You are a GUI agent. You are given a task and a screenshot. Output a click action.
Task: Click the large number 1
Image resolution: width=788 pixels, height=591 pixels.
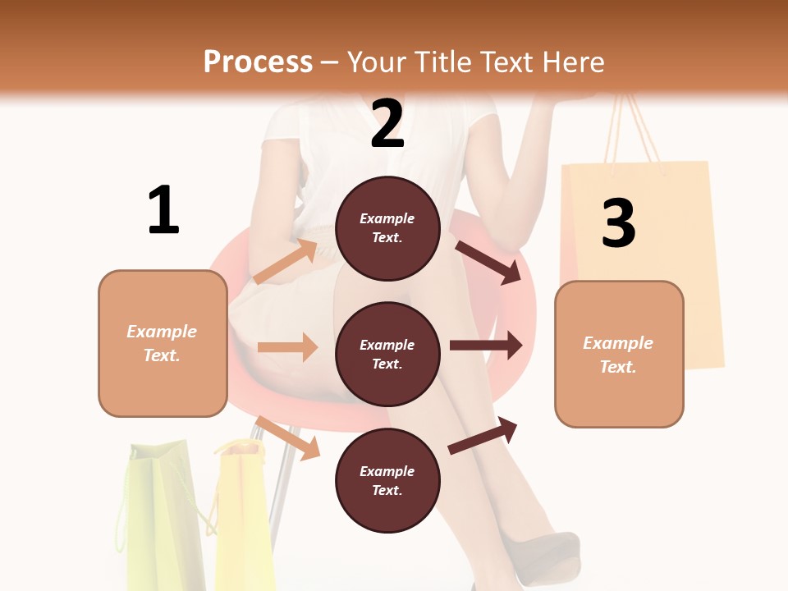(x=163, y=210)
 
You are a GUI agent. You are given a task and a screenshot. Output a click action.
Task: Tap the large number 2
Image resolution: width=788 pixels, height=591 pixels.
(x=387, y=124)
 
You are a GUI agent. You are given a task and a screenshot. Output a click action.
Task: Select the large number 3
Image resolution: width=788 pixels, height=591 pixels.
(x=619, y=224)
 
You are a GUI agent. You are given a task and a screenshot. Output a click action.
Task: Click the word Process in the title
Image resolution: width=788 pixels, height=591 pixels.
(x=258, y=62)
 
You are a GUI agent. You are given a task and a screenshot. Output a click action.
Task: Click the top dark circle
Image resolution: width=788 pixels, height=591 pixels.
(x=387, y=228)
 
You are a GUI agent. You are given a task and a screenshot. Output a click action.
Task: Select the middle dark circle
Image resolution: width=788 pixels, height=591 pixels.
(x=387, y=354)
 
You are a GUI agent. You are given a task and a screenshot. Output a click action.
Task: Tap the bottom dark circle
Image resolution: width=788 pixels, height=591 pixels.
(x=387, y=480)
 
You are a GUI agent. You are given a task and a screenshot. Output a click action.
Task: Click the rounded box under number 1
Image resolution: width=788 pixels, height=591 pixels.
(x=163, y=343)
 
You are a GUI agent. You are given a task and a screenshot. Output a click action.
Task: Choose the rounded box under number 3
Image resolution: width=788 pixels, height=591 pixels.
(x=619, y=354)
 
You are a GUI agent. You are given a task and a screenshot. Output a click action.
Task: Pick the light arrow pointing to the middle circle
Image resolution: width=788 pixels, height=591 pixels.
(x=288, y=347)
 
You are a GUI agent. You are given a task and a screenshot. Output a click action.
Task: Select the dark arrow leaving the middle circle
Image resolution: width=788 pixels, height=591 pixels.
(x=486, y=345)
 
